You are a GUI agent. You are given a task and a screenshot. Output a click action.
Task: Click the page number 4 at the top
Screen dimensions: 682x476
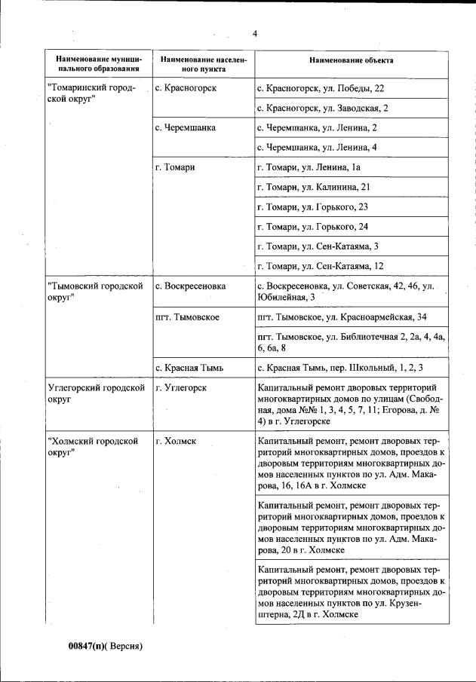click(x=255, y=34)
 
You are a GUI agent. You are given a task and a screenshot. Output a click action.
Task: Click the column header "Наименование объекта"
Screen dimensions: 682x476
click(x=351, y=60)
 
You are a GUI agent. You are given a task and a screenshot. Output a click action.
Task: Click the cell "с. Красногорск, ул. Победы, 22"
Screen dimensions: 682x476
click(x=321, y=88)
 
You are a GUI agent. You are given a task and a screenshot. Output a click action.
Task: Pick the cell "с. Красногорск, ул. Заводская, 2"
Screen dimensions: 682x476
click(x=323, y=108)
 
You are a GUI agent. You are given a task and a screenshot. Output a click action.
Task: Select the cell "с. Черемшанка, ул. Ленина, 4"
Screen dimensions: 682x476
click(x=317, y=147)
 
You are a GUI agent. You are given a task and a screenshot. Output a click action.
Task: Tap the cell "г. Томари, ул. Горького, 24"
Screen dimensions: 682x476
click(x=312, y=226)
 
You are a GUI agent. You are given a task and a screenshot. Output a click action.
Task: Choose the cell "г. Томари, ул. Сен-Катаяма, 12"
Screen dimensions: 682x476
click(x=321, y=265)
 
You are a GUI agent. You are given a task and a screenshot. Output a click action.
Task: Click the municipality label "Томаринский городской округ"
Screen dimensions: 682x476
click(x=91, y=94)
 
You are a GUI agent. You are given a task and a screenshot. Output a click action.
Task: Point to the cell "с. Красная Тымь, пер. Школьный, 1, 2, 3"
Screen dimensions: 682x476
click(x=339, y=367)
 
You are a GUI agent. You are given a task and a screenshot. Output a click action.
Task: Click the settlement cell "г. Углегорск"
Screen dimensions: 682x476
click(x=180, y=387)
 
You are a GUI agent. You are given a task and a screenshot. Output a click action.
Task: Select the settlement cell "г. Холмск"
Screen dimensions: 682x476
click(x=175, y=440)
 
